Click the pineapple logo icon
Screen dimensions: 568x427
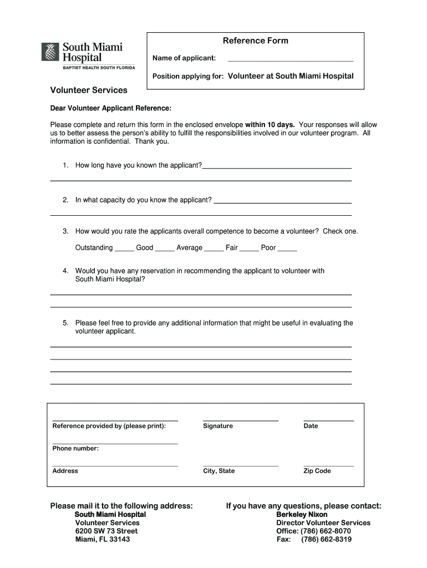[50, 52]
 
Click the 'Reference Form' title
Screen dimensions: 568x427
[255, 40]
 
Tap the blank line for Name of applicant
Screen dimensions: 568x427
[290, 59]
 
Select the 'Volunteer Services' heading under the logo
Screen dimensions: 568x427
[89, 90]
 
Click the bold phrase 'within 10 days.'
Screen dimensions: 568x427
[270, 124]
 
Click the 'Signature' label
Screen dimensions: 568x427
[218, 426]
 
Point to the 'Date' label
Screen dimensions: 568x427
[311, 426]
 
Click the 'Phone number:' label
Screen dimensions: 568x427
[75, 448]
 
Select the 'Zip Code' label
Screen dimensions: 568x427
[317, 471]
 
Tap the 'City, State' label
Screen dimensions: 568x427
[219, 471]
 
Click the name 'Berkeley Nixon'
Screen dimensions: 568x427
[302, 515]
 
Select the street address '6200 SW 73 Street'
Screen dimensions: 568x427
[106, 531]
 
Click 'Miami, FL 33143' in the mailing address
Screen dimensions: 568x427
[103, 539]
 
